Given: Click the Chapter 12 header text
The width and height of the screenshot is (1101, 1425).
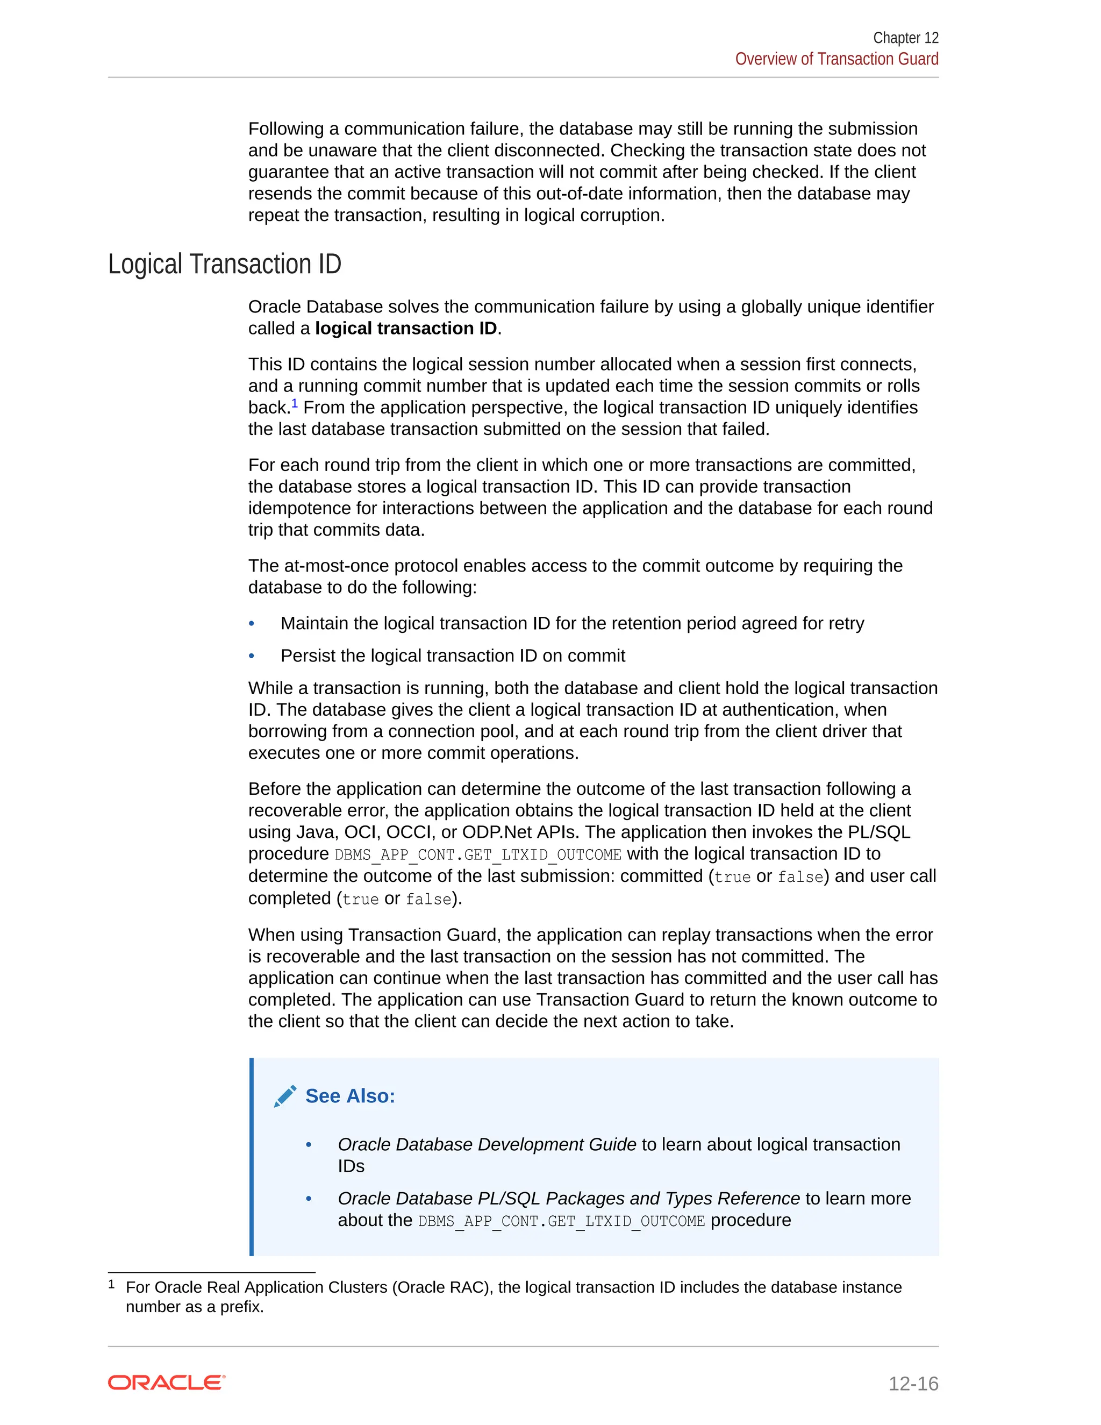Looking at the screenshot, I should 905,38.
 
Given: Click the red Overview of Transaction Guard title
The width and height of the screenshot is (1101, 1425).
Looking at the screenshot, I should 836,59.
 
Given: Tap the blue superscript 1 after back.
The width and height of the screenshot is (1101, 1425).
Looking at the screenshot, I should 295,404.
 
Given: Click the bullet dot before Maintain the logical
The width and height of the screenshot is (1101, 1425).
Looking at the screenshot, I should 252,624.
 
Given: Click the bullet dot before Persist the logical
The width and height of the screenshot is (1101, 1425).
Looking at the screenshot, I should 252,657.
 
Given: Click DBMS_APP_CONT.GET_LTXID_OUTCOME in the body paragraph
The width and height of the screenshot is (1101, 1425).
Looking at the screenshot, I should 477,855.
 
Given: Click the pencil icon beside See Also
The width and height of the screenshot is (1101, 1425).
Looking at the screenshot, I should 285,1096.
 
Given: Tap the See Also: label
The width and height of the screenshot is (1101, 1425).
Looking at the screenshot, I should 351,1096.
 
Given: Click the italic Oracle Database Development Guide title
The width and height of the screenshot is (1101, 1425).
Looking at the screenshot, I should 487,1144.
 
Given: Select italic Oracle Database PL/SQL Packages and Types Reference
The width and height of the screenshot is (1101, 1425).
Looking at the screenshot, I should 568,1199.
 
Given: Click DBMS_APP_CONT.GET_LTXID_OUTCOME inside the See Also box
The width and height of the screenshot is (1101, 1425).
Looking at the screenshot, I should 561,1221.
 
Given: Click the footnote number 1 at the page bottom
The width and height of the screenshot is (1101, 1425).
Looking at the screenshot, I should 111,1285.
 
